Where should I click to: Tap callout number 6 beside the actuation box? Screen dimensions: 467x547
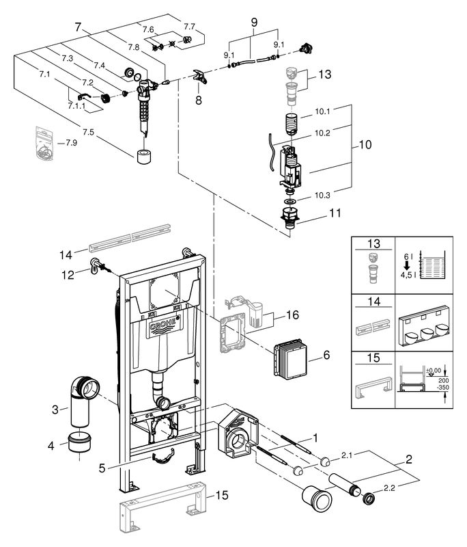pos(326,355)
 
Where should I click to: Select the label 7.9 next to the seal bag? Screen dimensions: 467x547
pos(71,143)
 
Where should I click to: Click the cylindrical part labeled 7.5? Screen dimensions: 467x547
pos(143,157)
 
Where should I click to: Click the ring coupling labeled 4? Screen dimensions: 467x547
pos(80,442)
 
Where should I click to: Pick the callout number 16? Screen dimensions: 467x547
pos(292,315)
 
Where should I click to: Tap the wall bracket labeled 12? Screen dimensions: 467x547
pos(97,266)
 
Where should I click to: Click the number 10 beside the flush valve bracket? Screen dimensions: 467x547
pos(365,144)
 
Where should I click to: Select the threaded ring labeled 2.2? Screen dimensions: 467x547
pos(369,498)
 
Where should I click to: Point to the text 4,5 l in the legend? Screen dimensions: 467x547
pos(406,275)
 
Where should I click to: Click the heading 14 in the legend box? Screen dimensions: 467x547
pos(373,301)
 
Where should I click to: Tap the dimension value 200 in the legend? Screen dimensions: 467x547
pos(444,381)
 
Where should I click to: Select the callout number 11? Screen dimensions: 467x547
pos(335,213)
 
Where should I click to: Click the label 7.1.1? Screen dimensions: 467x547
pos(76,106)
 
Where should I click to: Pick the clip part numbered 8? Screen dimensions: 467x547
pos(200,76)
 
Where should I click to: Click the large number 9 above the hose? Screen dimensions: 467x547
pos(254,23)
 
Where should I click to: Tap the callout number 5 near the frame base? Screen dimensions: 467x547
pos(102,468)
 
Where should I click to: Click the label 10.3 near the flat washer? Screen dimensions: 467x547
pos(322,196)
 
